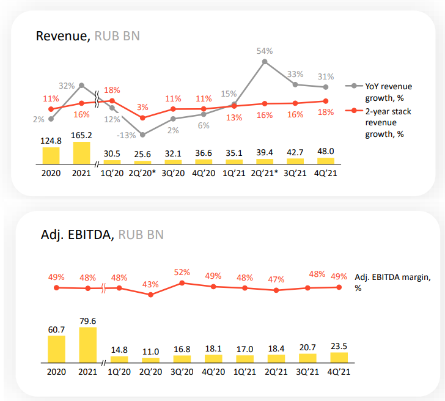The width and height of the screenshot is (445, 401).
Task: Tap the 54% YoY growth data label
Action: (x=264, y=51)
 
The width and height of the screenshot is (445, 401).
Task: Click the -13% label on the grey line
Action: (x=128, y=136)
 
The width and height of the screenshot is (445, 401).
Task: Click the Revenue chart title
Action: (x=87, y=35)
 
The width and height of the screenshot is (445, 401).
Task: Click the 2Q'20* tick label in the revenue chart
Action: (x=142, y=173)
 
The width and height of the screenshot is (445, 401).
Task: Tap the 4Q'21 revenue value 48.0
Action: (x=326, y=151)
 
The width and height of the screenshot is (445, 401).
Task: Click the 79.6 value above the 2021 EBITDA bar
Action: (x=87, y=320)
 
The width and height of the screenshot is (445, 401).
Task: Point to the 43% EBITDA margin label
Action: (x=150, y=284)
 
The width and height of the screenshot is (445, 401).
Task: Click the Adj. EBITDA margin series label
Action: (x=392, y=281)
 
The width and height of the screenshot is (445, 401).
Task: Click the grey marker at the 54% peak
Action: (x=264, y=61)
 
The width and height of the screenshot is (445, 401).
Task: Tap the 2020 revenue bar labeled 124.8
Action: (x=51, y=155)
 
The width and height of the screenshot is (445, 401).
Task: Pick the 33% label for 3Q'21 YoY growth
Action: (x=295, y=74)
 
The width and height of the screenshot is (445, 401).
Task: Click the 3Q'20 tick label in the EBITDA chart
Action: (x=182, y=372)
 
